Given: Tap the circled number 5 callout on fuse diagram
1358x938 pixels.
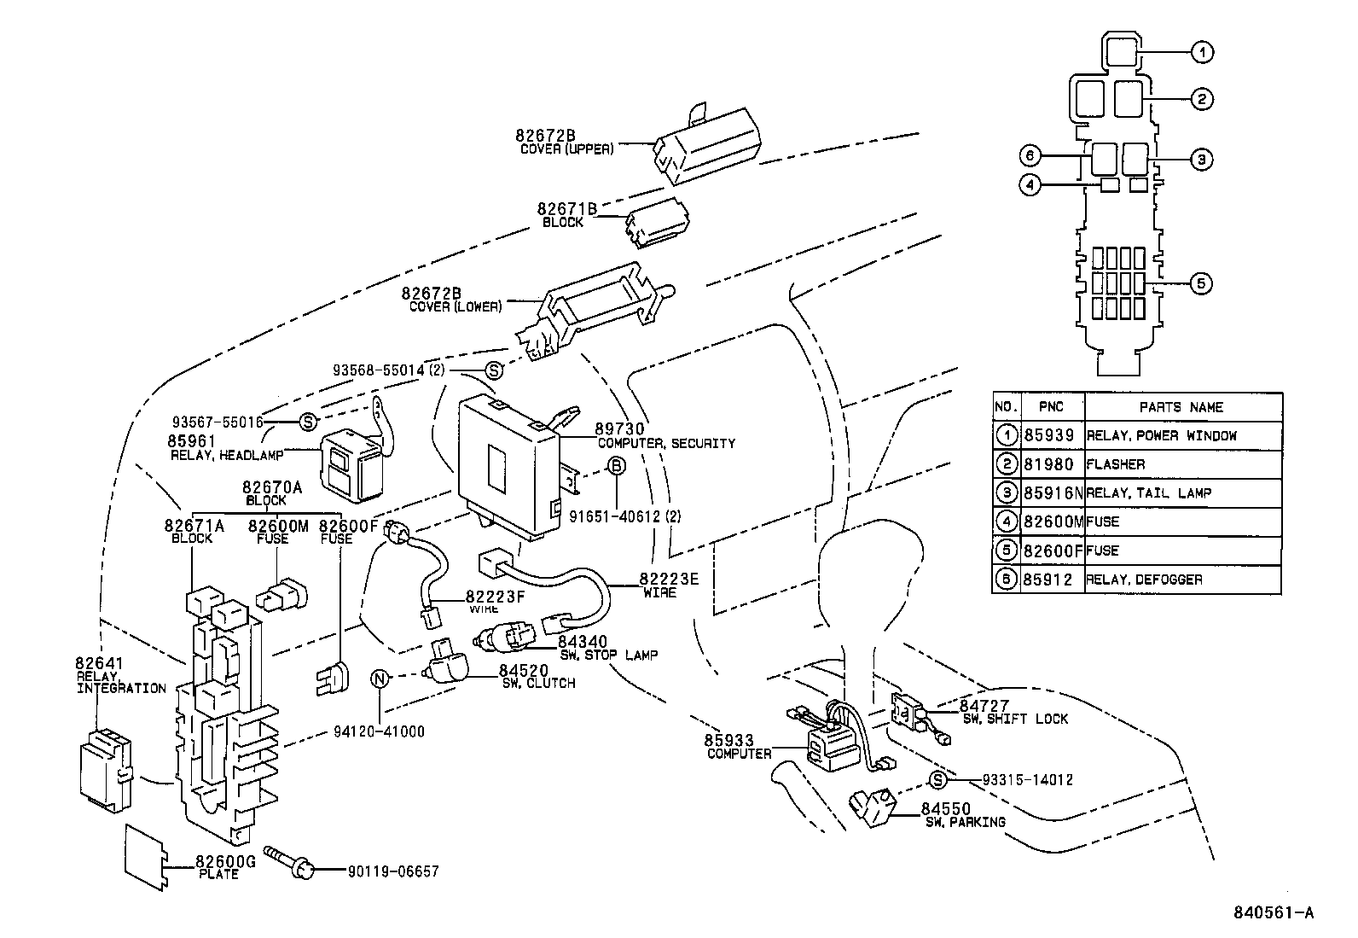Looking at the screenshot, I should (x=1200, y=284).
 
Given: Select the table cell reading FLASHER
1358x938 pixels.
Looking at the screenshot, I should (x=1116, y=464).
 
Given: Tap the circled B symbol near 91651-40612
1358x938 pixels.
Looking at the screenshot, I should (x=617, y=466).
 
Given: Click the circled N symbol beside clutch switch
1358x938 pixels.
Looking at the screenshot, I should (x=380, y=679).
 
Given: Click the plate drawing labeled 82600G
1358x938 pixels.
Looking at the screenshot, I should (x=144, y=856).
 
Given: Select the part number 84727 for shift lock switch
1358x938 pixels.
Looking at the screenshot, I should (x=984, y=706).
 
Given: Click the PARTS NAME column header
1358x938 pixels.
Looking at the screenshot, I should (x=1181, y=407).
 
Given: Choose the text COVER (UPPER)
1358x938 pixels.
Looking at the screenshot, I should (x=566, y=149).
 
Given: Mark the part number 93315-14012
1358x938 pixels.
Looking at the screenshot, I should (x=1027, y=779).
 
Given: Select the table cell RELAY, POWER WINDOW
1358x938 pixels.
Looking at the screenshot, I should (x=1161, y=435).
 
